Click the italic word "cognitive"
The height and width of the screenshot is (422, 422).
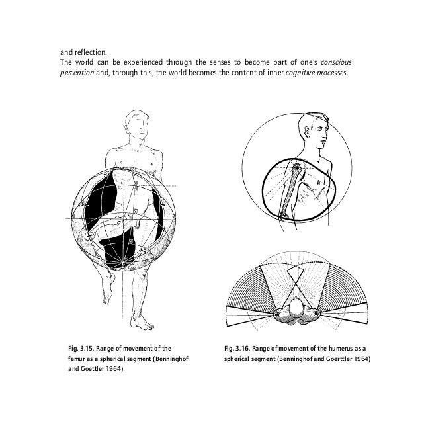[304, 73]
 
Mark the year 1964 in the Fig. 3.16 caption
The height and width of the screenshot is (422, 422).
[358, 360]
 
